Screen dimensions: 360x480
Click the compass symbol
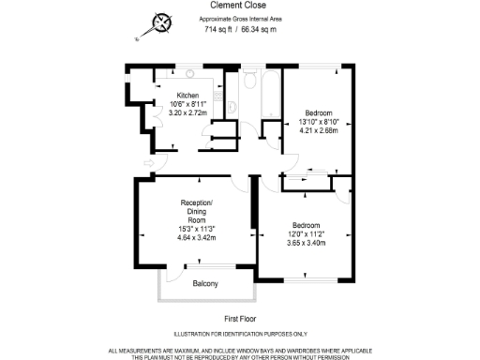[163, 22]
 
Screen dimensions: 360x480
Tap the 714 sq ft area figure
[219, 29]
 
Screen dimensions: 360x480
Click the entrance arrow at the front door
[148, 166]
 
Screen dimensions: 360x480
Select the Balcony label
[205, 283]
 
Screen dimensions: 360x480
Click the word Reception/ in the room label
[197, 203]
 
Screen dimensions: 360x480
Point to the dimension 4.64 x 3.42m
[197, 237]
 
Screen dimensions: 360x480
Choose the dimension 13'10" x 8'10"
[318, 122]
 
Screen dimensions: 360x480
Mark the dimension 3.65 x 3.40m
[307, 243]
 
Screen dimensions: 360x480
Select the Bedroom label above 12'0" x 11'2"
[307, 225]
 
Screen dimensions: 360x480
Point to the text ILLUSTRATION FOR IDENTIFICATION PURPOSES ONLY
[242, 335]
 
